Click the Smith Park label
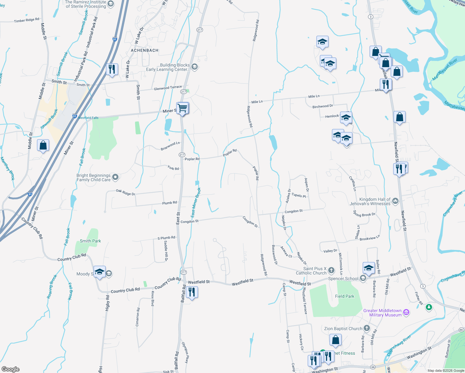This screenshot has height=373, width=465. (x=90, y=241)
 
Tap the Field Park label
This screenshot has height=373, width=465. (x=344, y=296)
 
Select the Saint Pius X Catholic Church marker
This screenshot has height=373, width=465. (x=331, y=270)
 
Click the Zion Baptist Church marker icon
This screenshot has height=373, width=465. (x=367, y=328)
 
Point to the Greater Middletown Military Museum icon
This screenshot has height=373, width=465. (x=406, y=312)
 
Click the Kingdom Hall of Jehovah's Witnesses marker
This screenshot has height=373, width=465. (x=395, y=201)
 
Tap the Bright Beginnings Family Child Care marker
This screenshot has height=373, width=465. (x=115, y=177)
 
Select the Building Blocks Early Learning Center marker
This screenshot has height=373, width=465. (x=195, y=67)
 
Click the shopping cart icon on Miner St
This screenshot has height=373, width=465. (x=182, y=108)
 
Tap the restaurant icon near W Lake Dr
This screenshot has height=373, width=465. (x=112, y=69)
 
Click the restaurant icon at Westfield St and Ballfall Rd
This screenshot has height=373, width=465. (x=191, y=292)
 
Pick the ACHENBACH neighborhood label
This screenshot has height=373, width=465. (x=145, y=50)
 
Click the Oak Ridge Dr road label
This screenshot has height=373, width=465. (x=126, y=192)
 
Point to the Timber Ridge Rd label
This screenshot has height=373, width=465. (x=27, y=20)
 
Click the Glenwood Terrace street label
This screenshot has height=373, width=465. (x=168, y=88)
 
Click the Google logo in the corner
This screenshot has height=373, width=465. (x=11, y=369)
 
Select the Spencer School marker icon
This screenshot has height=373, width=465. (x=363, y=278)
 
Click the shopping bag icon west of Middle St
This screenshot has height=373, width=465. (x=43, y=145)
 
